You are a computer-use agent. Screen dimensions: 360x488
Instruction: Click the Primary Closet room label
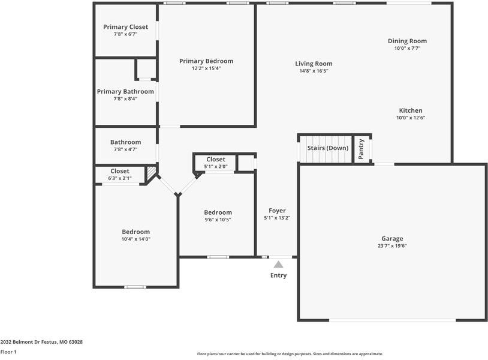pyautogui.click(x=125, y=27)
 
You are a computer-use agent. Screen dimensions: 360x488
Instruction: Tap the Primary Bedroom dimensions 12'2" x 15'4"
pyautogui.click(x=206, y=68)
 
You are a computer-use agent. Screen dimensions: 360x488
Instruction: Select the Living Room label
pyautogui.click(x=314, y=64)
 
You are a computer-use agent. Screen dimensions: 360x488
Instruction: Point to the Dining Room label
pyautogui.click(x=407, y=41)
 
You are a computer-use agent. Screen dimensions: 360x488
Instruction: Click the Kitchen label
pyautogui.click(x=411, y=110)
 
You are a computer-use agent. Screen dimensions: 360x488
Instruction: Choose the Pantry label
pyautogui.click(x=362, y=149)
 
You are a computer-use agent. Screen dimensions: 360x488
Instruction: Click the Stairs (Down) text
pyautogui.click(x=327, y=148)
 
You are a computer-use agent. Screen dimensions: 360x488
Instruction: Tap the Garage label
pyautogui.click(x=393, y=238)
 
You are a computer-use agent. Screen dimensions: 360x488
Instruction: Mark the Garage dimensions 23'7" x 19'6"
pyautogui.click(x=393, y=246)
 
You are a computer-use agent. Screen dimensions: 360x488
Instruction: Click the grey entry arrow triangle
pyautogui.click(x=278, y=263)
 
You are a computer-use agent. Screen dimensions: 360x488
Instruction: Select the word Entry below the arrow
pyautogui.click(x=278, y=275)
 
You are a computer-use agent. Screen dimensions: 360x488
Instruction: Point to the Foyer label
pyautogui.click(x=277, y=211)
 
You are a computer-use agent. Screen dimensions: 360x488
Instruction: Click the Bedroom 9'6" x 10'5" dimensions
pyautogui.click(x=218, y=220)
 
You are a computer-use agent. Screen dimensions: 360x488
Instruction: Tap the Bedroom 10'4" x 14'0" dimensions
pyautogui.click(x=136, y=239)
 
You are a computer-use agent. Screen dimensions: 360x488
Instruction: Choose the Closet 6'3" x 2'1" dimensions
pyautogui.click(x=120, y=178)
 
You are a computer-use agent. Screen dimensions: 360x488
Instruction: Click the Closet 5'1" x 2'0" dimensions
pyautogui.click(x=216, y=166)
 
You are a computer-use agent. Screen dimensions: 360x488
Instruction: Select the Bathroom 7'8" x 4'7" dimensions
pyautogui.click(x=125, y=149)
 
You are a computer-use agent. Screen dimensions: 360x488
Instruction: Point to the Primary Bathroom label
pyautogui.click(x=125, y=91)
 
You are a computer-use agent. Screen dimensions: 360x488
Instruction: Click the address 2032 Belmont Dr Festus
pyautogui.click(x=41, y=342)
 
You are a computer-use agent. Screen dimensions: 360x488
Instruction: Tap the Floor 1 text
pyautogui.click(x=8, y=352)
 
